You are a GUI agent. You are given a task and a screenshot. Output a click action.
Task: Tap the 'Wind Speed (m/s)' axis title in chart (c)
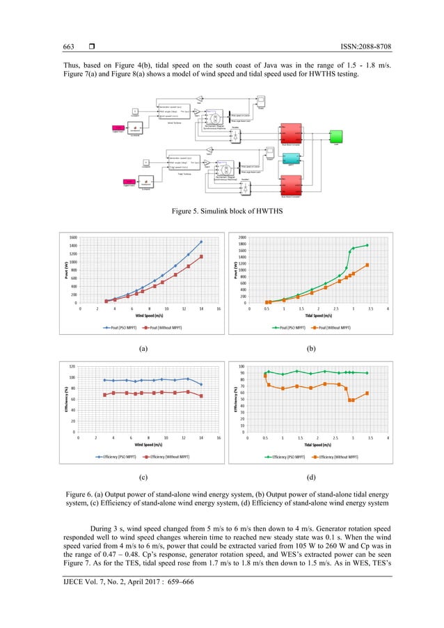coord(148,444)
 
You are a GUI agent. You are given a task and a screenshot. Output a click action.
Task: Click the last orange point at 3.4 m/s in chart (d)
coord(367,393)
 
